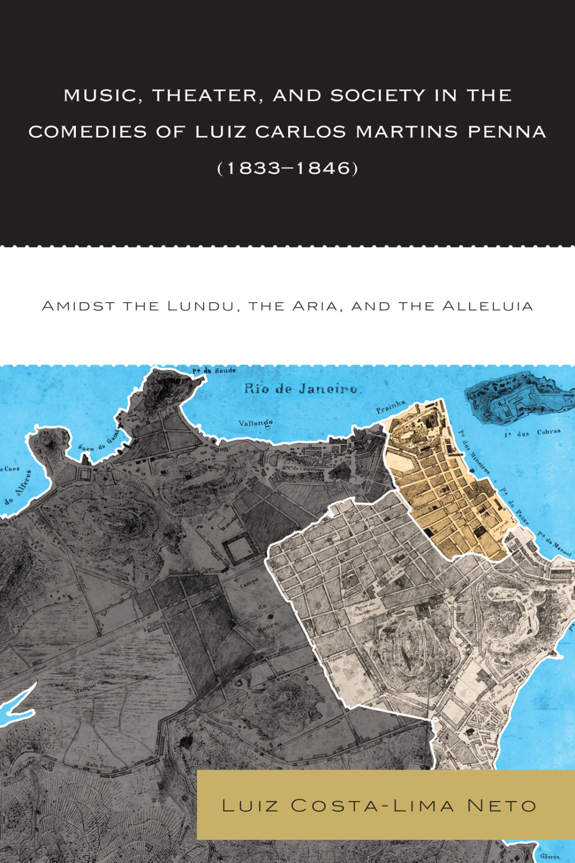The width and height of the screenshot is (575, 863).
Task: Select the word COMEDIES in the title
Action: [88, 132]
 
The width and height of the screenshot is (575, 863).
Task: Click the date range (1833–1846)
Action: [287, 168]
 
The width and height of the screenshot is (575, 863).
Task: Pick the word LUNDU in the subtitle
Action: [200, 306]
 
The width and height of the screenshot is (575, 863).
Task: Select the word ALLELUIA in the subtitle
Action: [487, 306]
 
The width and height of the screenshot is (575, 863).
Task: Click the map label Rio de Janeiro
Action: [301, 389]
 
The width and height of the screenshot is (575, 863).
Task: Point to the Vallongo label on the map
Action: [255, 423]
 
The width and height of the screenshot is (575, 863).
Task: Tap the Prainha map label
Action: [390, 406]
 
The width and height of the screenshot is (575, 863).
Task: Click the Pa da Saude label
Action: [214, 371]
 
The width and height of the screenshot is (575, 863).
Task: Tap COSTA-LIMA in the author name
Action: [372, 806]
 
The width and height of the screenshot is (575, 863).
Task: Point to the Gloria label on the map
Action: [550, 857]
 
